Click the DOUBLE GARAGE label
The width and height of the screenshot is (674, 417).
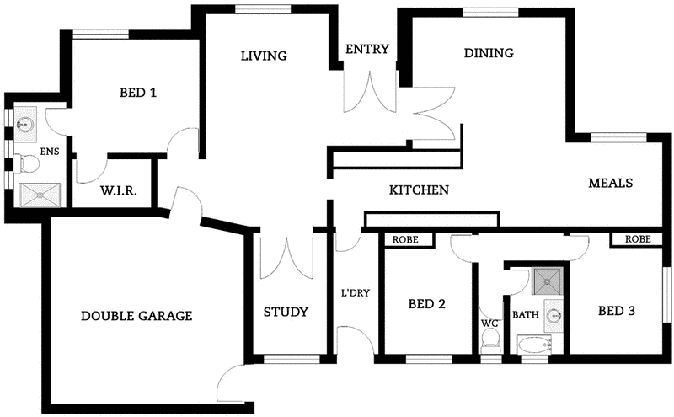(x=136, y=317)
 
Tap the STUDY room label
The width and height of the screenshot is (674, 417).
(x=286, y=312)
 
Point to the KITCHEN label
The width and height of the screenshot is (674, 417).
(x=418, y=190)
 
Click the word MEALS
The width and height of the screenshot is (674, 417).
(x=610, y=183)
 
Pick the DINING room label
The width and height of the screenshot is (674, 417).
(x=489, y=53)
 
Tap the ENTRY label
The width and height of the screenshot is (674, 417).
(x=367, y=49)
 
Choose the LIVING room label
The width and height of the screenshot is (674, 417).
(x=264, y=56)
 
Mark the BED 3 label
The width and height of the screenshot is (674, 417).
(x=616, y=311)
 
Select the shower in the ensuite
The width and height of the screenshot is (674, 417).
(x=39, y=195)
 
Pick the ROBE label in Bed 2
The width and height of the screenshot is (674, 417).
(x=408, y=239)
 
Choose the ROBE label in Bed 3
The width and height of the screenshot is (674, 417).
(x=638, y=239)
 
